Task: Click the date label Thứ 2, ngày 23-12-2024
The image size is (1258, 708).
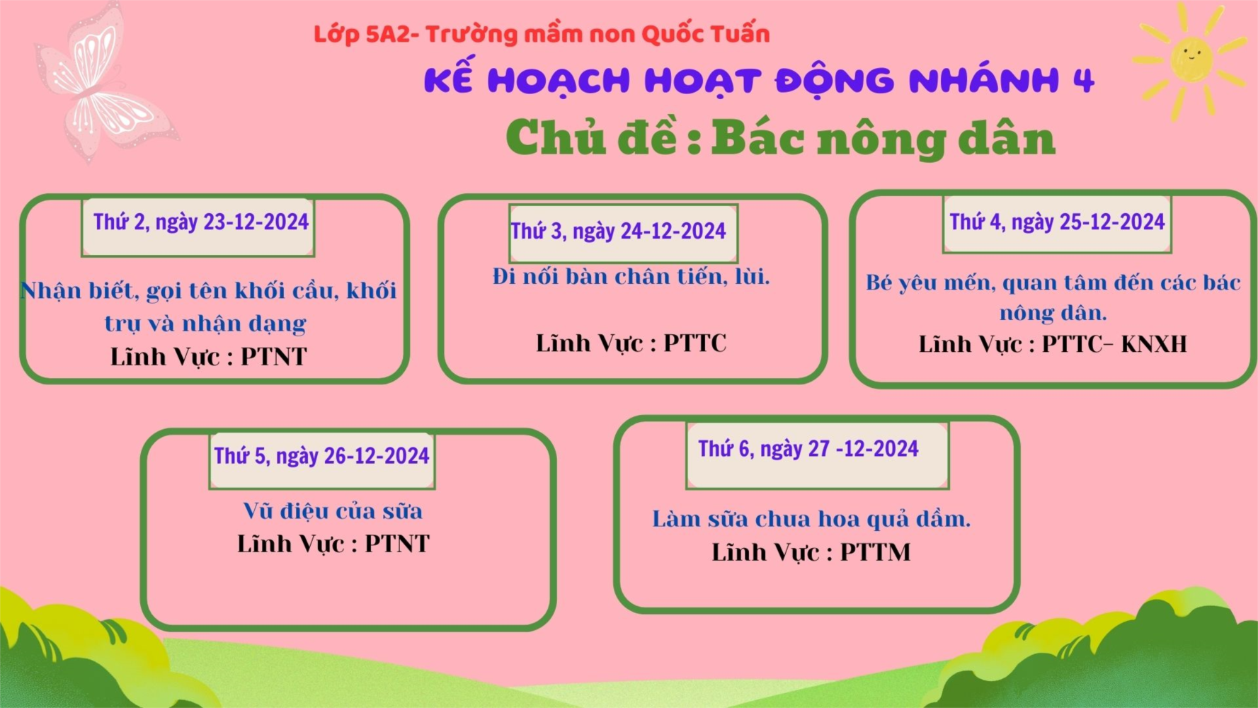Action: pyautogui.click(x=201, y=222)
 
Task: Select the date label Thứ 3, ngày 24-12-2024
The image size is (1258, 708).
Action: pyautogui.click(x=618, y=232)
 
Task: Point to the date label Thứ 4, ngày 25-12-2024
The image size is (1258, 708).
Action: pyautogui.click(x=1057, y=222)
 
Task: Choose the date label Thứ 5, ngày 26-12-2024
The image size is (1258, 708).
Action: pyautogui.click(x=321, y=456)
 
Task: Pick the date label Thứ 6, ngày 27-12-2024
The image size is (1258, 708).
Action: pyautogui.click(x=808, y=449)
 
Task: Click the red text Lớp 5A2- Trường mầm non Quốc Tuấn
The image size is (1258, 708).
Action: pyautogui.click(x=542, y=34)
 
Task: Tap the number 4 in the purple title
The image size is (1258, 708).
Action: pyautogui.click(x=1084, y=81)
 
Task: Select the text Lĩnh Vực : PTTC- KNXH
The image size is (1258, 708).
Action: pyautogui.click(x=1053, y=344)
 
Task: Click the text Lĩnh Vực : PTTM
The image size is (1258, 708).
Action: pyautogui.click(x=811, y=552)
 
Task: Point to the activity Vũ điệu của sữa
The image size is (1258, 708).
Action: pyautogui.click(x=333, y=511)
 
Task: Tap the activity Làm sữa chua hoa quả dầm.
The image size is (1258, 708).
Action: pyautogui.click(x=811, y=519)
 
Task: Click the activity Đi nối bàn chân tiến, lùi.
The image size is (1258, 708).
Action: pyautogui.click(x=631, y=276)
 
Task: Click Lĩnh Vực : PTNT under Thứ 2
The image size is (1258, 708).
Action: pyautogui.click(x=208, y=357)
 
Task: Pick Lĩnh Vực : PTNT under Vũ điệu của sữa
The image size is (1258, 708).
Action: pyautogui.click(x=333, y=544)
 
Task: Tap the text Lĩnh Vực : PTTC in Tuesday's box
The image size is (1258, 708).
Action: pyautogui.click(x=631, y=343)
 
